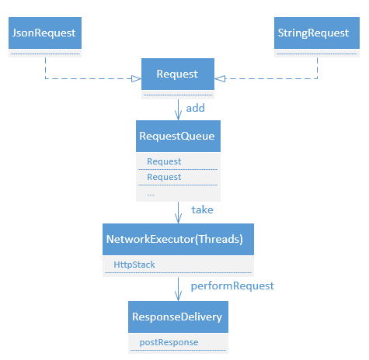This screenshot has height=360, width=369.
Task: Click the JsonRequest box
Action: tap(45, 33)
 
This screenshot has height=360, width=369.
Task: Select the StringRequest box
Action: tap(317, 33)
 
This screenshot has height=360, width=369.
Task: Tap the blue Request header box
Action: tap(178, 74)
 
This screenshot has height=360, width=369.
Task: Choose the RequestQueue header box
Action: tap(178, 136)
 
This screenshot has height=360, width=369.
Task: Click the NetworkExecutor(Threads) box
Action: tap(178, 239)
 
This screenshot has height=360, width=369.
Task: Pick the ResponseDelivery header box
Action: tap(178, 317)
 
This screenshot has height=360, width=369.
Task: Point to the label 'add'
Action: tap(196, 108)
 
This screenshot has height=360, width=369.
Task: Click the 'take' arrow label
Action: tap(202, 209)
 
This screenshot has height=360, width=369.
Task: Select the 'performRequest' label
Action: tap(232, 286)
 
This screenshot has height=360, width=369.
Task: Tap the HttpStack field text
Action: tap(134, 265)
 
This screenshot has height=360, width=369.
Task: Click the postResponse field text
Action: tap(169, 342)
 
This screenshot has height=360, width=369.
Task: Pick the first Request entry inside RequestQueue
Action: tap(164, 161)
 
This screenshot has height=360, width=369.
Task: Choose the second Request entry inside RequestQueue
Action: tap(164, 177)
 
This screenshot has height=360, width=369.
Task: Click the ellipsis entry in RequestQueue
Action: tap(151, 195)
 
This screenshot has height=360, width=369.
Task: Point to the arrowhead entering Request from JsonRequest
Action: tap(137, 78)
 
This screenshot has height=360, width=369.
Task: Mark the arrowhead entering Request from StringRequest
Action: tap(220, 78)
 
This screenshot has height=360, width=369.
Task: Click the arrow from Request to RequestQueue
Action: tap(178, 110)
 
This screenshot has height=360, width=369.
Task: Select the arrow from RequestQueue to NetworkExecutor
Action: tap(178, 213)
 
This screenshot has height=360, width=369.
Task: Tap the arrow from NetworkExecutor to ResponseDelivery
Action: tap(178, 289)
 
